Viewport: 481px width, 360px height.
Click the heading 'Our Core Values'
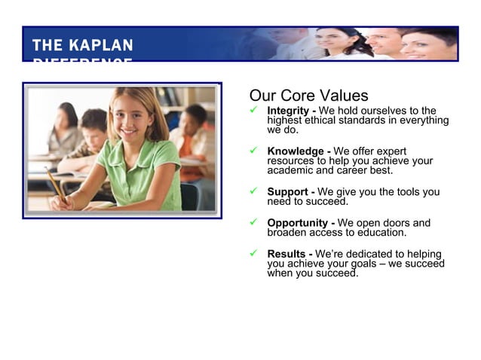(x=308, y=96)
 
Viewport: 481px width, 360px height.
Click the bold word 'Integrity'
(x=289, y=111)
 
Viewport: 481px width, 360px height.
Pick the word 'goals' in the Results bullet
(x=362, y=264)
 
